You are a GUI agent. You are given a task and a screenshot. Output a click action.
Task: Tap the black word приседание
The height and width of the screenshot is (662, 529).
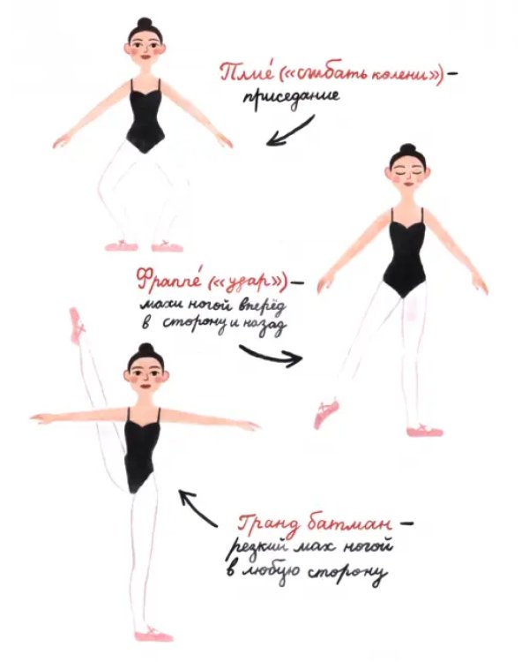tap(292, 97)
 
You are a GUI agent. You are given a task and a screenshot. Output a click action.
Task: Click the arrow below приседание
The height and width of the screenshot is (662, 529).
tap(290, 131)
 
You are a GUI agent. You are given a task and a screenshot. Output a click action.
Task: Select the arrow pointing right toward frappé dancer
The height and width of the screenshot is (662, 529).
tap(271, 356)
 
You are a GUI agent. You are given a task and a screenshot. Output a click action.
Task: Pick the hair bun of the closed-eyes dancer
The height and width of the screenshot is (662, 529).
tap(407, 149)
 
